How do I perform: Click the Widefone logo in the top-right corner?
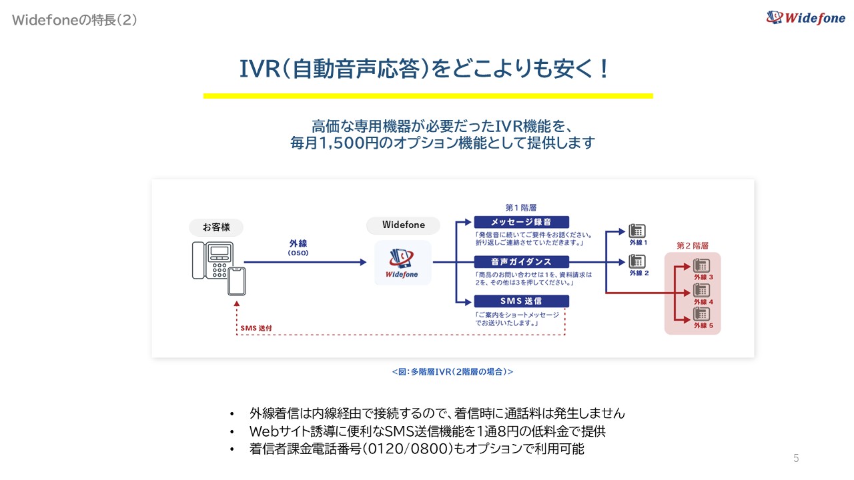coord(805,17)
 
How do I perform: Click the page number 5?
coord(795,458)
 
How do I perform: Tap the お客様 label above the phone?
coord(216,227)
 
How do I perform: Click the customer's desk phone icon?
coord(211,259)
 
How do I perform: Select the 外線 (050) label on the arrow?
coord(298,248)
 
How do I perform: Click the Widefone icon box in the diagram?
coord(402,263)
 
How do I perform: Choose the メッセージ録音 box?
coord(521,222)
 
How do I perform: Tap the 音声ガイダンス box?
coord(521,261)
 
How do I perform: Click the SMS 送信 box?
coord(521,301)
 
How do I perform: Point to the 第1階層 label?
coord(521,207)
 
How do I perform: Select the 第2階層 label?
coord(692,245)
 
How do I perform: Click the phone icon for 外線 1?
coord(637,231)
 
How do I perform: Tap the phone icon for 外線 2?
coord(637,261)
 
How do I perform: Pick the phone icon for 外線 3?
coord(702,265)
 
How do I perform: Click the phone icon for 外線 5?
coord(702,313)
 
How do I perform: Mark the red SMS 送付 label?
coord(256,328)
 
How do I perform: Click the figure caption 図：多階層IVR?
coord(452,371)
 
